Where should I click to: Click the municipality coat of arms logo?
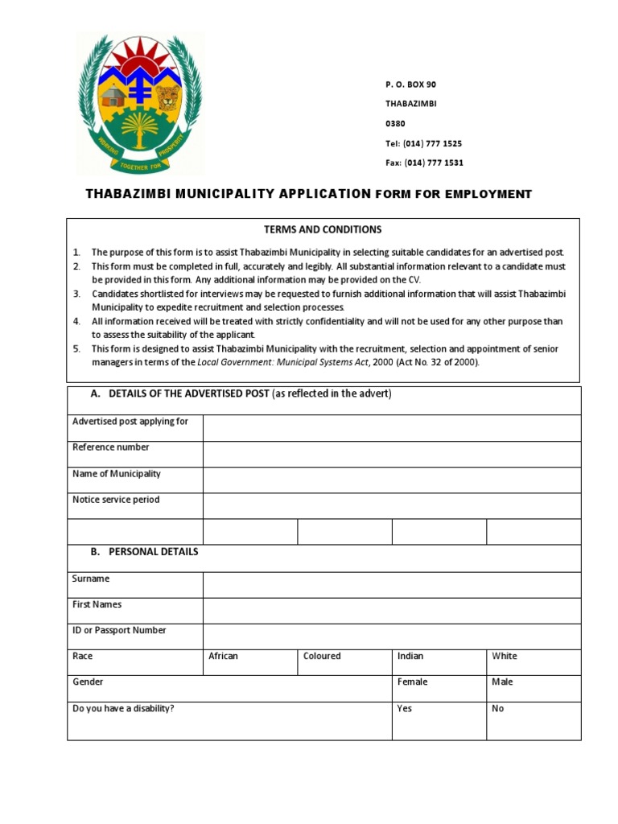point(140,104)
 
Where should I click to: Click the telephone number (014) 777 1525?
point(423,143)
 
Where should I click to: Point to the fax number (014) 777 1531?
point(424,163)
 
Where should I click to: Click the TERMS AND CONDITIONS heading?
point(323,230)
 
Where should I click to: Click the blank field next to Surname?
point(391,585)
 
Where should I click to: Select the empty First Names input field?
point(391,611)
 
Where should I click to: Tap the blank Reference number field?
point(391,454)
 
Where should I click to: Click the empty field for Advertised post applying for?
point(391,428)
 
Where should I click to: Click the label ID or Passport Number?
point(119,631)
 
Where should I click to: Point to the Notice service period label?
point(116,500)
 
